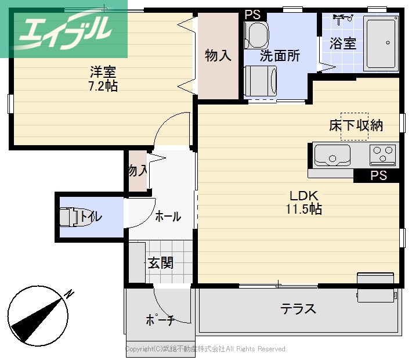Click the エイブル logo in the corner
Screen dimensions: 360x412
pyautogui.click(x=64, y=29)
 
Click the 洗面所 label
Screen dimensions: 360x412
pyautogui.click(x=280, y=56)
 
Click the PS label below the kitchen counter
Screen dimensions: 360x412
pyautogui.click(x=378, y=176)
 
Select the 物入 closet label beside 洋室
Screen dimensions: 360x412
pyautogui.click(x=218, y=56)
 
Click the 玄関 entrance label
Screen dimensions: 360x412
pyautogui.click(x=160, y=263)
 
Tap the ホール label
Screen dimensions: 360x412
pyautogui.click(x=168, y=217)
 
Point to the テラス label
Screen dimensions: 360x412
pyautogui.click(x=298, y=308)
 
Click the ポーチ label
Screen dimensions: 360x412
pyautogui.click(x=160, y=320)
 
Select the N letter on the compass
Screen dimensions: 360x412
pyautogui.click(x=70, y=294)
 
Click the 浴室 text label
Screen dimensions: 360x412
pyautogui.click(x=343, y=44)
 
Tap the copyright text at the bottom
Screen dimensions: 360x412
pyautogui.click(x=207, y=349)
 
